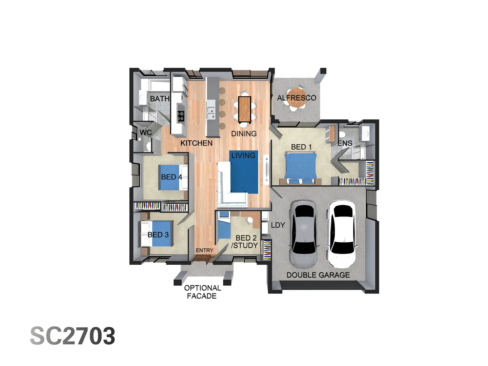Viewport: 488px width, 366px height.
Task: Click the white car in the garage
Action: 342,233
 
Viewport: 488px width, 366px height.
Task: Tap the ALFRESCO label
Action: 297,98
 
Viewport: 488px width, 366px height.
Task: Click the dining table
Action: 244,109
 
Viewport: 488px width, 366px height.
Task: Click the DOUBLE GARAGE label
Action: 318,275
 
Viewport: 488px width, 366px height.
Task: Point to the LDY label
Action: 278,225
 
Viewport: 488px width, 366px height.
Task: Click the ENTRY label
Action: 204,250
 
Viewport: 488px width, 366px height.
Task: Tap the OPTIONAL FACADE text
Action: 202,292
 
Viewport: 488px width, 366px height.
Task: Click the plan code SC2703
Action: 73,336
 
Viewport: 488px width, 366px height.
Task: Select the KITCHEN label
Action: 196,143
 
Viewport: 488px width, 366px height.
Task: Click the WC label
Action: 146,133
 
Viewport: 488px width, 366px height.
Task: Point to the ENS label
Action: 345,143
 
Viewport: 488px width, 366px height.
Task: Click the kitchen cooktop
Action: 181,116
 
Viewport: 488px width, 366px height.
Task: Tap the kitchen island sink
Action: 211,113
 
